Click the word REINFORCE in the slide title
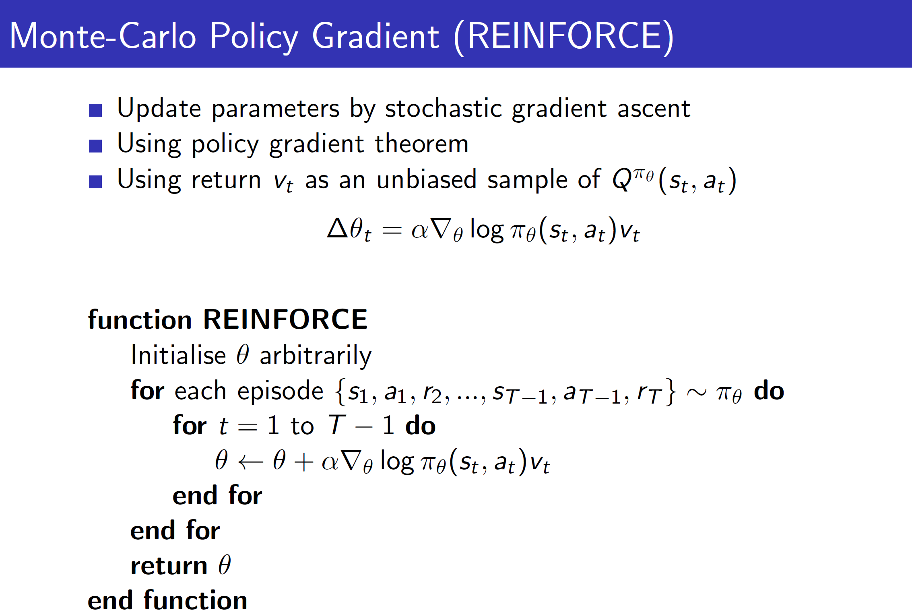564,36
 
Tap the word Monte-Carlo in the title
103,36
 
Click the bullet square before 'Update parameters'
95,110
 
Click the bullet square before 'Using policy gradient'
95,146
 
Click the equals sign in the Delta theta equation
392,231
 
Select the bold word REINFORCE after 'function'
285,319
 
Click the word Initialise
178,355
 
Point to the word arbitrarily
316,356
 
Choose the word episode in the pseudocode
280,391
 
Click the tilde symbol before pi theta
697,392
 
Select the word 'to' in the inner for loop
302,426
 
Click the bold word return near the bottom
169,566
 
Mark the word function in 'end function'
196,600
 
